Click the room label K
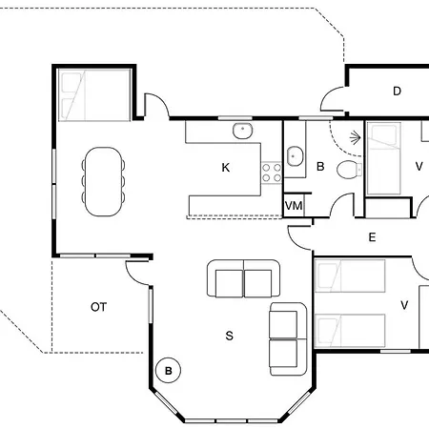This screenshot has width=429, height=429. [226, 168]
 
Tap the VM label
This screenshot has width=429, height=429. [294, 206]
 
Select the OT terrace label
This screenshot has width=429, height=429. [98, 307]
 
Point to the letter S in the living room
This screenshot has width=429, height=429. [229, 336]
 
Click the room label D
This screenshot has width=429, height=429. [397, 92]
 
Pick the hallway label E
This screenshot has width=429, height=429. [372, 237]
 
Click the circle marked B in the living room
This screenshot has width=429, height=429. [168, 371]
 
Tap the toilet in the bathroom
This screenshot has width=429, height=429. [349, 170]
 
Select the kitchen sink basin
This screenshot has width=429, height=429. [243, 131]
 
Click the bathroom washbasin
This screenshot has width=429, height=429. [295, 156]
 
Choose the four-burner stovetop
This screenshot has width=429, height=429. [272, 173]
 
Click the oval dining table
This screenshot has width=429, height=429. [103, 181]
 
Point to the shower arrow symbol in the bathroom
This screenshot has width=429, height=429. [356, 137]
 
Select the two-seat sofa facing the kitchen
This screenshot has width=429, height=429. [243, 278]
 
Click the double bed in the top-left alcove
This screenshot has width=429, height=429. [94, 94]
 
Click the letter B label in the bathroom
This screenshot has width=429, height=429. [320, 167]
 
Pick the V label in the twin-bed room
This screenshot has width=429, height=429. [404, 305]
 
